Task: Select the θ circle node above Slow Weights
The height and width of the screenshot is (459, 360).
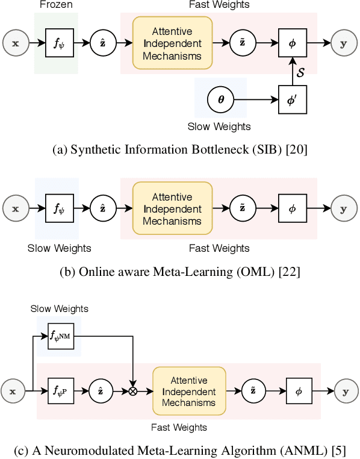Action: pos(220,99)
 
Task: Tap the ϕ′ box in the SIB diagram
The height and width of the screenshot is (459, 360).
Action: pos(292,99)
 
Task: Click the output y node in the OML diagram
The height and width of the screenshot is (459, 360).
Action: pos(344,209)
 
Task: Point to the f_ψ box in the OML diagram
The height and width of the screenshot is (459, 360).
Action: pos(58,209)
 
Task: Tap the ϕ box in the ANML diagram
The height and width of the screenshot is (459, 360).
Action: pos(299,391)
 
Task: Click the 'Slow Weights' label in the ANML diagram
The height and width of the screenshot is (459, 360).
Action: pos(59,308)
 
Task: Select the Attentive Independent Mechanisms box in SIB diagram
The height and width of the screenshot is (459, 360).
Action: pos(172,43)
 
